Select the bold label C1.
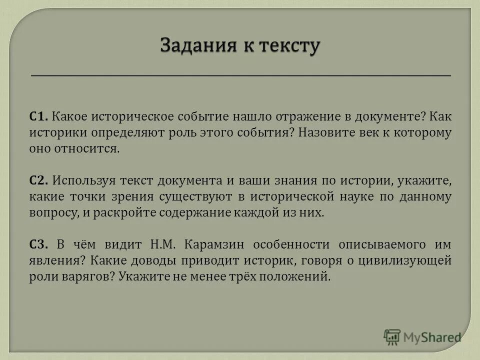[38, 116]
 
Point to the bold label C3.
[38, 244]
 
